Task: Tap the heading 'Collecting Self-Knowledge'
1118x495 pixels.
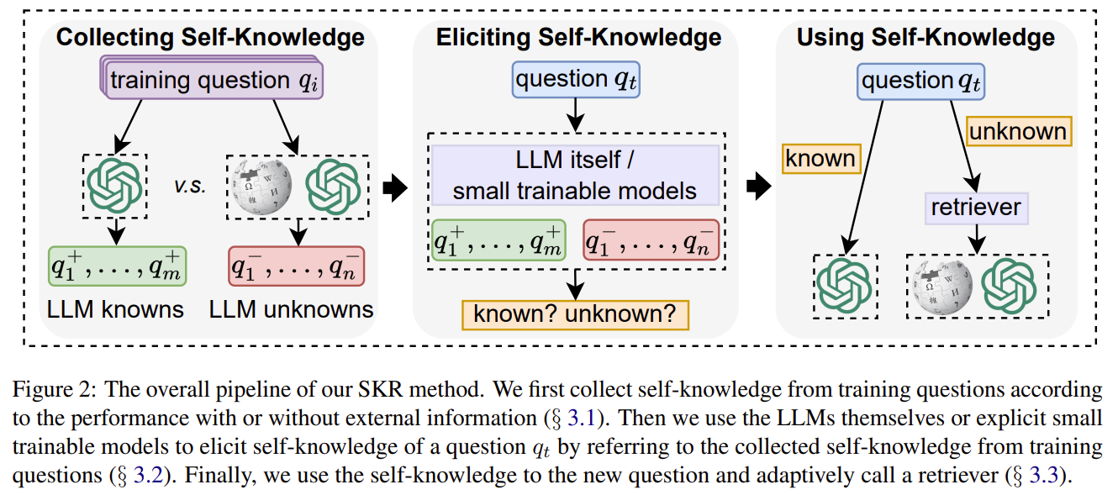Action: (x=210, y=38)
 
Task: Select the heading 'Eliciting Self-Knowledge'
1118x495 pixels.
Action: (x=578, y=38)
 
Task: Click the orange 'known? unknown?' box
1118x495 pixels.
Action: (x=575, y=314)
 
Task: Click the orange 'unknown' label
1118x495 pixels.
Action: (x=1017, y=131)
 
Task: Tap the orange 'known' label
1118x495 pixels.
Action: (x=822, y=158)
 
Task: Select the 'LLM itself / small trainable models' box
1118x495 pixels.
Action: (x=575, y=175)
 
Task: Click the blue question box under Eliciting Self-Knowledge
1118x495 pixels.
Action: (x=575, y=81)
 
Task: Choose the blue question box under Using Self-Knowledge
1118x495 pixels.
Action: (x=921, y=82)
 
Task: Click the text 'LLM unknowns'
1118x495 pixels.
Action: (x=291, y=309)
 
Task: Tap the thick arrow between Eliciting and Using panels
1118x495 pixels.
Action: (x=759, y=187)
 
